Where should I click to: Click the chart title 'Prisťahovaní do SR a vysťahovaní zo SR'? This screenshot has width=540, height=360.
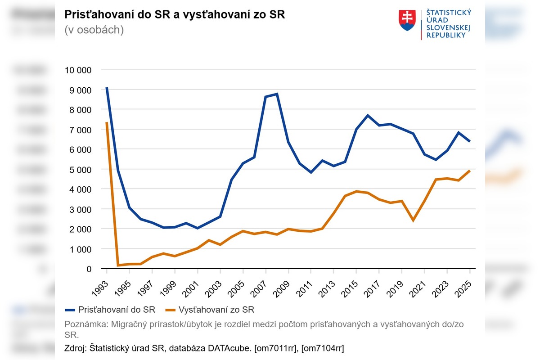tap(175, 14)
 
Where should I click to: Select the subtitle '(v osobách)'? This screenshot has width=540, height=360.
tap(94, 30)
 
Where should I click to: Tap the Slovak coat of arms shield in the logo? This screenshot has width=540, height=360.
tap(407, 21)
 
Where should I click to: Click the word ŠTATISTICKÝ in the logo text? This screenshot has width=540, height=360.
tap(448, 13)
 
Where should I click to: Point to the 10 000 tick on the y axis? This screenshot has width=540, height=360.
tap(78, 70)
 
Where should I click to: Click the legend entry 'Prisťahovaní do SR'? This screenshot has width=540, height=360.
tap(110, 310)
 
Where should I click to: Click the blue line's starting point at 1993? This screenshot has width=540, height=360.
tap(107, 88)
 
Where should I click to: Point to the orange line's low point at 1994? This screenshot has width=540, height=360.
tap(118, 265)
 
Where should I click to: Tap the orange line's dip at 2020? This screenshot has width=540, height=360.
tap(413, 220)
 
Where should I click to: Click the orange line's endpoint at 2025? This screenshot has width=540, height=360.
tap(470, 171)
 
